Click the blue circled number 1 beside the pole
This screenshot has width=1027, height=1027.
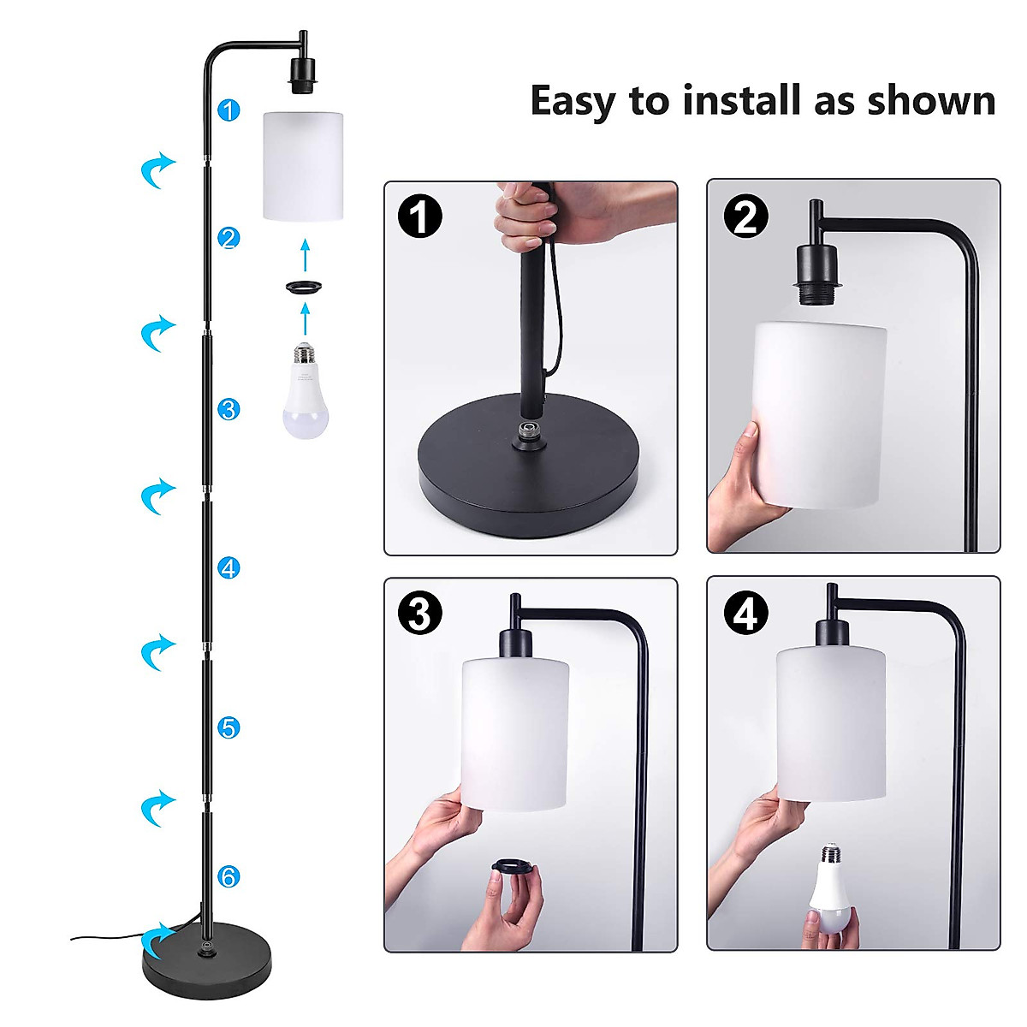[x=229, y=110]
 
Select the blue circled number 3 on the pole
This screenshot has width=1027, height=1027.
[x=228, y=409]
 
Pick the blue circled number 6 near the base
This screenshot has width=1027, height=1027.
[x=228, y=876]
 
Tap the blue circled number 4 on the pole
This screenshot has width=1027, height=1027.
[x=228, y=567]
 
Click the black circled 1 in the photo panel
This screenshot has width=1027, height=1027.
[x=420, y=217]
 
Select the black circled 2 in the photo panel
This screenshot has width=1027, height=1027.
[x=745, y=217]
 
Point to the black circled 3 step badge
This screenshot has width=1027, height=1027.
[x=420, y=614]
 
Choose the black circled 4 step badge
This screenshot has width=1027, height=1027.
[x=745, y=614]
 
